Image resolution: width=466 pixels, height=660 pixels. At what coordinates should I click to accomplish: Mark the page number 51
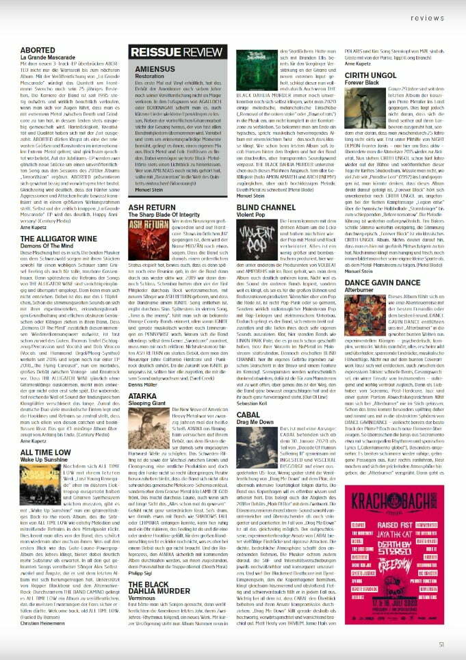pos(441,643)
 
